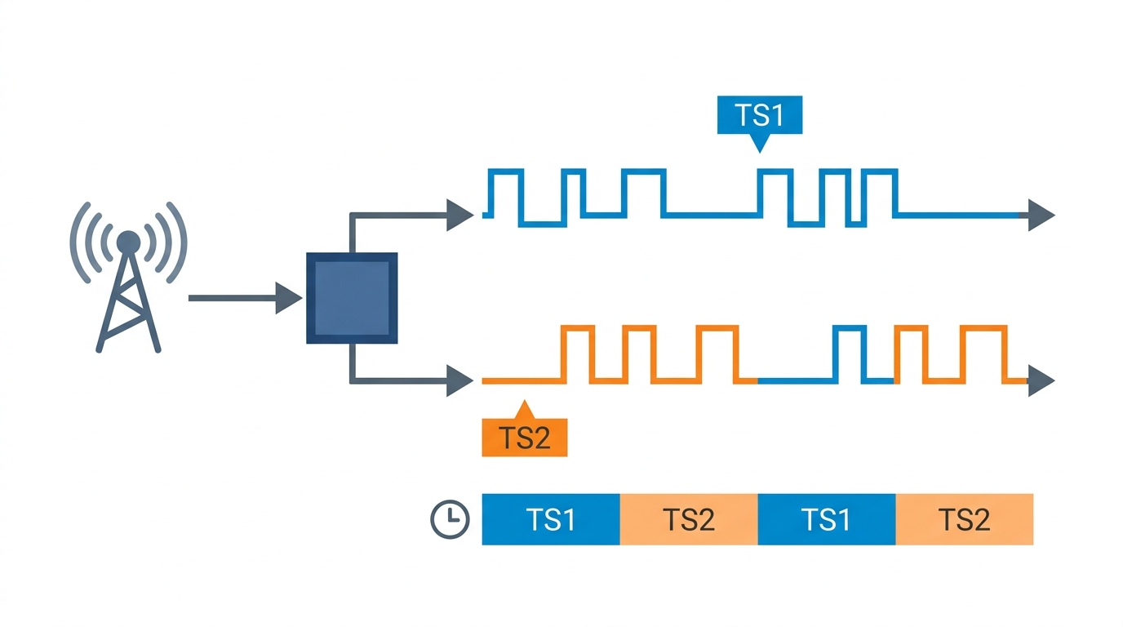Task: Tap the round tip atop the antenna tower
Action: click(128, 241)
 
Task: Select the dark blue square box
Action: click(352, 298)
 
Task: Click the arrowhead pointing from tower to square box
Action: click(288, 298)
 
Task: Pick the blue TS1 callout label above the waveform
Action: click(759, 115)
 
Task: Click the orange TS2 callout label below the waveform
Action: click(524, 438)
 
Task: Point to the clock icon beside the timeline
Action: click(450, 519)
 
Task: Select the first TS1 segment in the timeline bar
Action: click(551, 519)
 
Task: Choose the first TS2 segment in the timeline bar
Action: click(689, 519)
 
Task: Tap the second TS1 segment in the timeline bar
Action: click(827, 519)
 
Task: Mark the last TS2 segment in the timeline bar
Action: click(965, 519)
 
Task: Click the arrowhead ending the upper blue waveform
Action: click(1041, 216)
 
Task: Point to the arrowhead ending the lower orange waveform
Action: click(1041, 380)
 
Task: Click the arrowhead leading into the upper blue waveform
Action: click(459, 216)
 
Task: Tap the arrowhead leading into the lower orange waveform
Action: click(459, 380)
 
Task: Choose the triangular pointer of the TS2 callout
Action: click(524, 409)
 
